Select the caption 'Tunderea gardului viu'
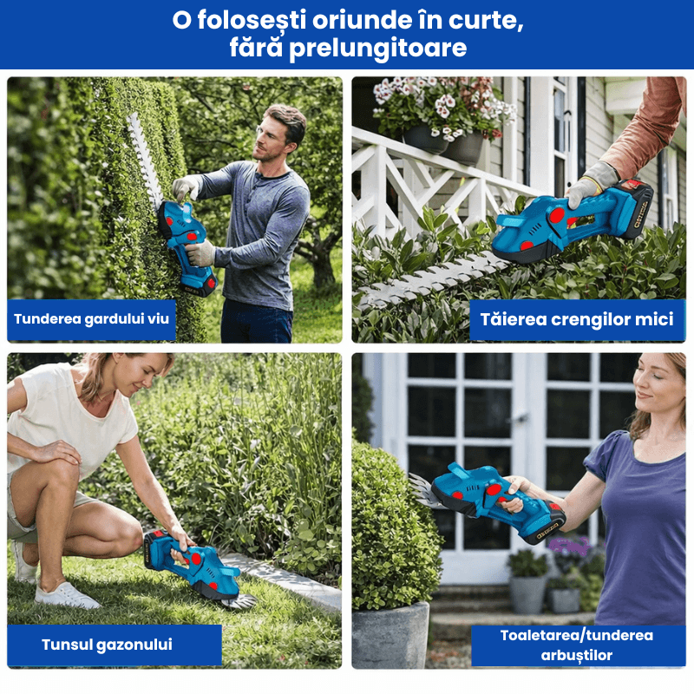click(92, 319)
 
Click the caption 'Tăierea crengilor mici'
click(577, 319)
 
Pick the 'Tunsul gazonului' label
click(107, 645)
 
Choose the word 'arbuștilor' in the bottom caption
click(576, 656)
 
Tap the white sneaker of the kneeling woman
click(67, 595)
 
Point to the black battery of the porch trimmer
click(635, 208)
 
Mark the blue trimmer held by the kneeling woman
click(193, 564)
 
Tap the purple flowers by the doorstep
click(571, 546)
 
